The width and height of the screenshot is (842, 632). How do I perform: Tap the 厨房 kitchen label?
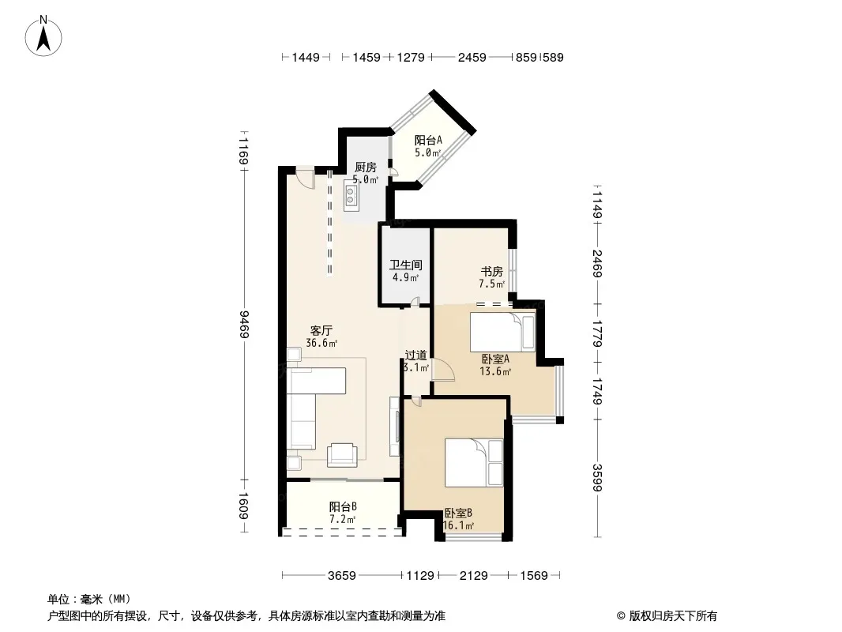pos(365,167)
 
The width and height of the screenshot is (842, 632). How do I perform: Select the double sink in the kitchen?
pos(351,194)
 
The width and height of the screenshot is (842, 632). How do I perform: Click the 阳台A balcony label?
pos(428,140)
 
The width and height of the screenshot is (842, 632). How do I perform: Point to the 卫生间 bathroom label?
pos(405,265)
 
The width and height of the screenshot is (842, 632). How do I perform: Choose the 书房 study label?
pos(491,272)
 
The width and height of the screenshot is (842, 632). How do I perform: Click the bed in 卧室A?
pos(502,331)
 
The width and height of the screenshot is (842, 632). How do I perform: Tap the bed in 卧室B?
pos(474,463)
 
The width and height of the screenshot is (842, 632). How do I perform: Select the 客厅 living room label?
pos(321,330)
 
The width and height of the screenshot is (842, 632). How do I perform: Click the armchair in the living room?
pos(342,454)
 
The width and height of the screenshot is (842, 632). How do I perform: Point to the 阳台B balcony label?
pos(343,506)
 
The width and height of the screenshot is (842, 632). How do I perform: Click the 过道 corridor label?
pos(415,355)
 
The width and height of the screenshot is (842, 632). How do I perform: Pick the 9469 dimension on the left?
pos(245,325)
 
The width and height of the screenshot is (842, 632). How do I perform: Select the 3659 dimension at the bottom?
pos(341,576)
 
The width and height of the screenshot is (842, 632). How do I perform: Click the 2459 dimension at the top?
pos(472,58)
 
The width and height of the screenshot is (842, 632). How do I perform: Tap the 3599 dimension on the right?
pos(598,477)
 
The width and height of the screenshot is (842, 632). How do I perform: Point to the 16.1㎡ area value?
pos(458,526)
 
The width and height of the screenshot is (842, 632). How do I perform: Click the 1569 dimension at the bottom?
pos(534,576)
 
